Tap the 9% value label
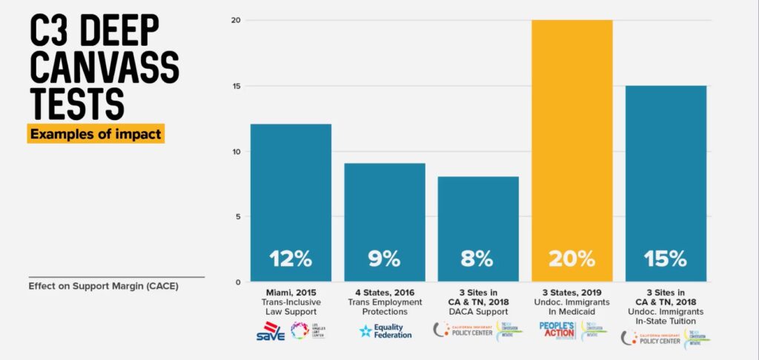click(384, 259)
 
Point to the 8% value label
click(478, 259)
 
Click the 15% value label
click(666, 259)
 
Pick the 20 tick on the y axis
click(235, 21)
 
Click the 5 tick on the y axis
click(237, 217)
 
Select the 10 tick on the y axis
click(235, 152)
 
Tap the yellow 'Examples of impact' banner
click(96, 134)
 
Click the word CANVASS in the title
click(104, 68)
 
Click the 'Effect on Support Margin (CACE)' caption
click(103, 286)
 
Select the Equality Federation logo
click(385, 330)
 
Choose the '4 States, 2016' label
click(385, 292)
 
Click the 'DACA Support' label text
click(478, 311)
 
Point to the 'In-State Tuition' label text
click(666, 321)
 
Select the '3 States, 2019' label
click(572, 292)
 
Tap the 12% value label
click(290, 259)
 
